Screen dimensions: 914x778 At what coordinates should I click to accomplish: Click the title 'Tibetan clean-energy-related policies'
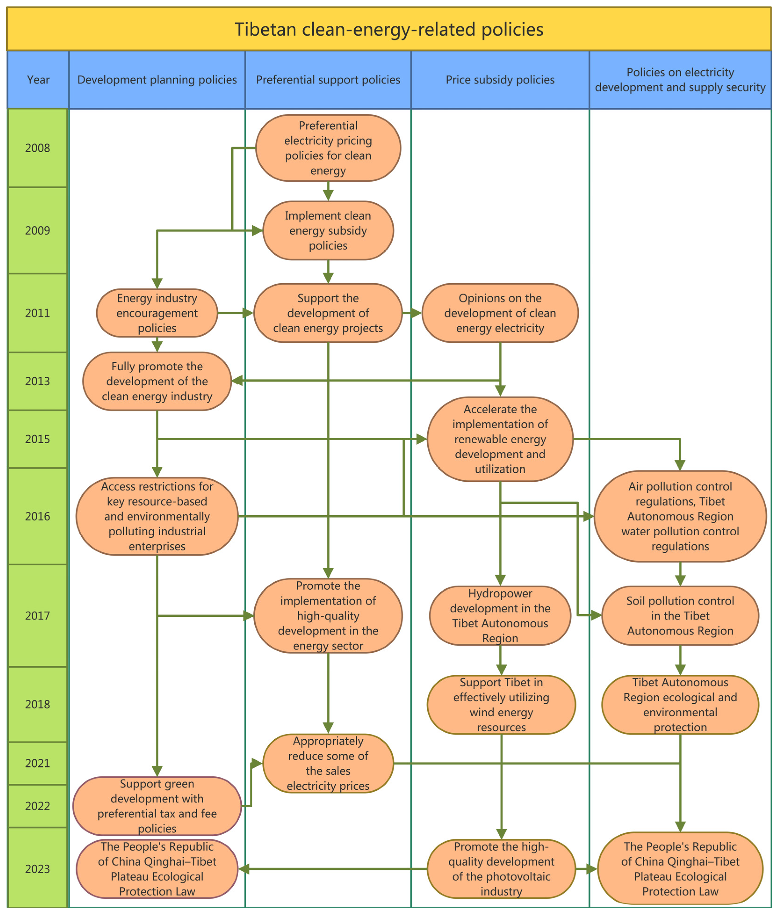(389, 29)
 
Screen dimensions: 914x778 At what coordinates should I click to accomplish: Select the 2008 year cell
(37, 148)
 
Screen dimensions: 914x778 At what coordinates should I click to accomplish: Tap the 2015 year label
(37, 439)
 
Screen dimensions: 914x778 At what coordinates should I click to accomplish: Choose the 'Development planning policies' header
(157, 80)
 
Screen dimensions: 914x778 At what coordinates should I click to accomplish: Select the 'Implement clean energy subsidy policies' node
(328, 231)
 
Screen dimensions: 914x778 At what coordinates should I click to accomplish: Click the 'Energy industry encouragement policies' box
(157, 313)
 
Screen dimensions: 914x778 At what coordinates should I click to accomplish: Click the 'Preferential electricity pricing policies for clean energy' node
(328, 148)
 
